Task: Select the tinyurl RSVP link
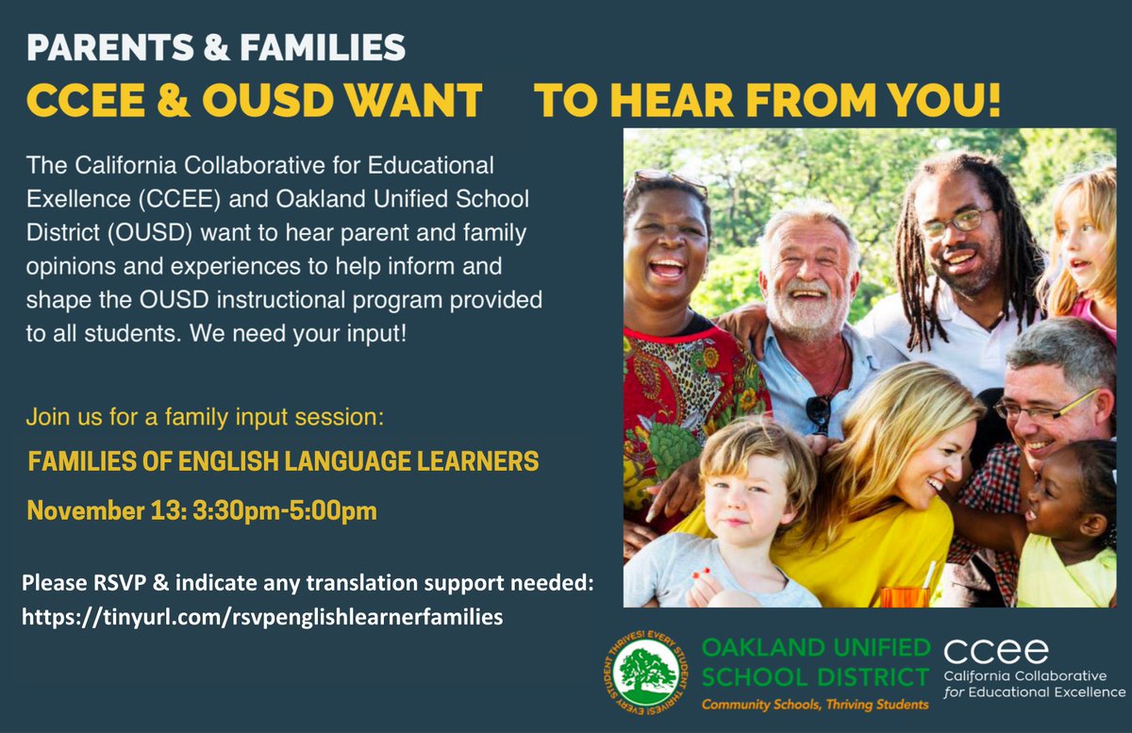click(262, 617)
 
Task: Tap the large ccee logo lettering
click(995, 651)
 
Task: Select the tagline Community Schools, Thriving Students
click(813, 705)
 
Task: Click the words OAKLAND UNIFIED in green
click(815, 649)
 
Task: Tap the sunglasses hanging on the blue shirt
click(819, 408)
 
